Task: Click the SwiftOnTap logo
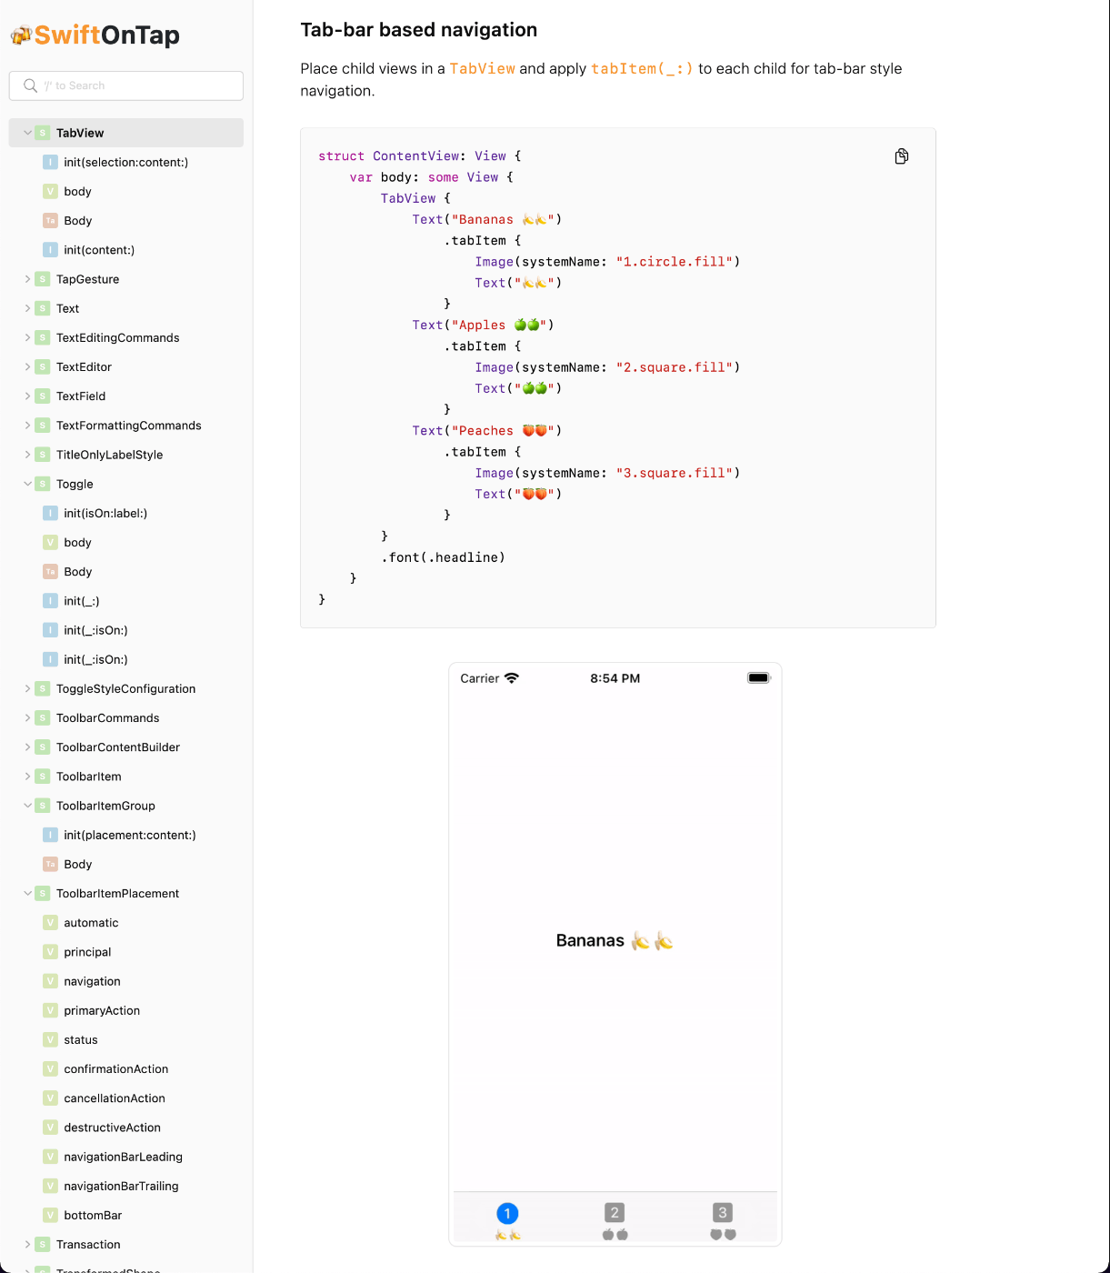click(x=95, y=35)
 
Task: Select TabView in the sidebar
click(x=80, y=133)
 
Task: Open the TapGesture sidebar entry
click(x=87, y=279)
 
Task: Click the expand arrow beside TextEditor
click(x=27, y=367)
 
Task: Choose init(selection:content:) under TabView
click(x=125, y=162)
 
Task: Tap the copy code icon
click(x=901, y=156)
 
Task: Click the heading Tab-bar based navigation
click(x=418, y=30)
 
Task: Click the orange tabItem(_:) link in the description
click(x=642, y=68)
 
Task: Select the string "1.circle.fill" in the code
click(x=674, y=262)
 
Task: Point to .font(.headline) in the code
click(x=443, y=557)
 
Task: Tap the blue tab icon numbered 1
click(x=507, y=1213)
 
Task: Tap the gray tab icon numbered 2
click(x=615, y=1212)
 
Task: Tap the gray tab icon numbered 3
click(x=723, y=1212)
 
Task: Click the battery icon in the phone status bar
click(x=758, y=678)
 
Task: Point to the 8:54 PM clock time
click(x=615, y=678)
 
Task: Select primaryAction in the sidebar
click(x=102, y=1010)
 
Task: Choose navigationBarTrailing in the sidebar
click(x=121, y=1186)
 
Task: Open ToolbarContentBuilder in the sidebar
click(x=118, y=747)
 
